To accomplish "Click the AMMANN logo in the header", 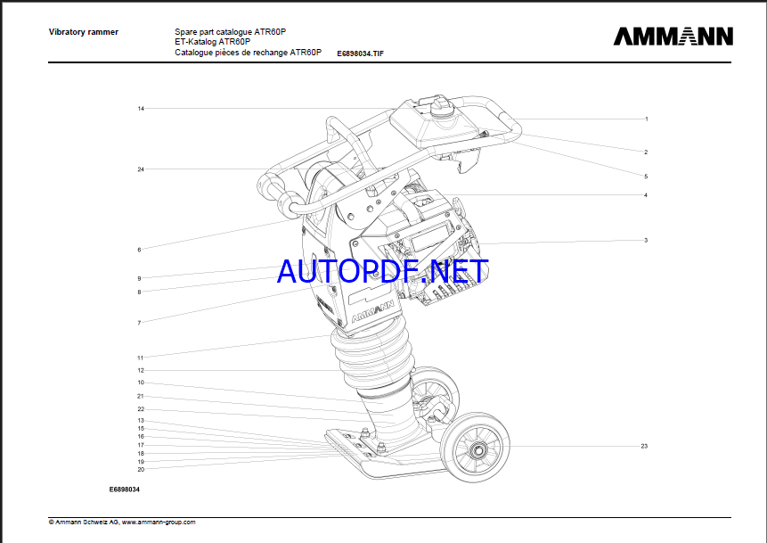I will click(x=673, y=37).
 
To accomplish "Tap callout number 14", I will click(x=141, y=109).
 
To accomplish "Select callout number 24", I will click(x=141, y=169).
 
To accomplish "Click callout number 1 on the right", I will click(x=646, y=119).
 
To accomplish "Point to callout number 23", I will click(x=644, y=445).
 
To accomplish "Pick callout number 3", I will click(x=646, y=240).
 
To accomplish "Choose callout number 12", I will click(x=141, y=370).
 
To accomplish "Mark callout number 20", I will click(x=141, y=469).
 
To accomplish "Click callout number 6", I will click(x=139, y=250).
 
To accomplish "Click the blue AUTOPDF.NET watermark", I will click(x=383, y=270).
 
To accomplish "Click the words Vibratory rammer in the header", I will click(x=83, y=32).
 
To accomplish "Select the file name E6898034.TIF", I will click(x=360, y=53).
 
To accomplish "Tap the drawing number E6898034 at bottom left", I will click(x=125, y=490).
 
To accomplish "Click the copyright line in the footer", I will click(x=122, y=522).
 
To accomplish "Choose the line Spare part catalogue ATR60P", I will click(x=230, y=32).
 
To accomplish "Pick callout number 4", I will click(x=646, y=195).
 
